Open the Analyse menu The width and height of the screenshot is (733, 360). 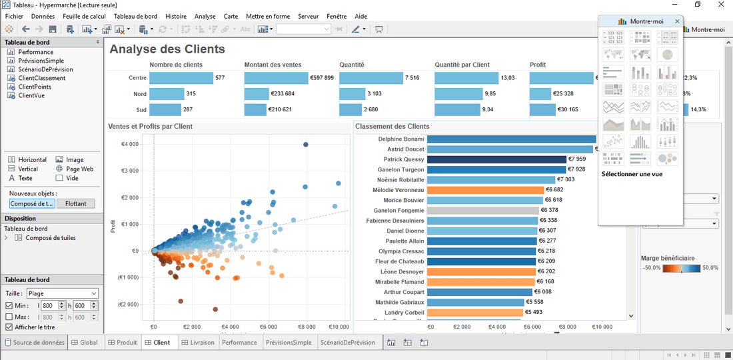(x=205, y=16)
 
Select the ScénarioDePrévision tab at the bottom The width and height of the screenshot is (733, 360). (x=347, y=343)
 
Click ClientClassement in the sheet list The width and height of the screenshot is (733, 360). (x=41, y=78)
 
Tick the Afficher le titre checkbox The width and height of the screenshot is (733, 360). (x=9, y=327)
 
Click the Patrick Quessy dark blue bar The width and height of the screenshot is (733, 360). (x=496, y=159)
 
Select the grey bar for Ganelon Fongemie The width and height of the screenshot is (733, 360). (x=482, y=210)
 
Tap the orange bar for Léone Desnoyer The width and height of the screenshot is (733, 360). (x=481, y=271)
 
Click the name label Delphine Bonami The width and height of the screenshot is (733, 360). (x=401, y=139)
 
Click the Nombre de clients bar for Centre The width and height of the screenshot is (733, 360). (x=181, y=78)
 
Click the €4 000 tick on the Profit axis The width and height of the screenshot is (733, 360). (x=129, y=144)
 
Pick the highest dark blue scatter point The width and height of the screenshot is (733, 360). (x=306, y=144)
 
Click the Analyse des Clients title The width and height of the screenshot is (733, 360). (x=167, y=49)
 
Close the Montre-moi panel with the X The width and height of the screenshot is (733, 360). (x=678, y=21)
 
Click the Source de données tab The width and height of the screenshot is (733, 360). (x=35, y=343)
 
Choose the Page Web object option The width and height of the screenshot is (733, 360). (x=78, y=169)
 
